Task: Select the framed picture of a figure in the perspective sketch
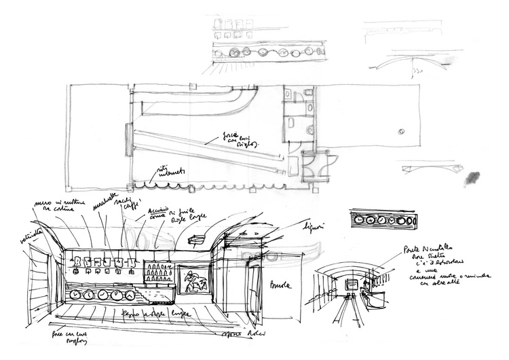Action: click(x=193, y=281)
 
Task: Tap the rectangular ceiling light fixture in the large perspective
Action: click(x=197, y=238)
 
